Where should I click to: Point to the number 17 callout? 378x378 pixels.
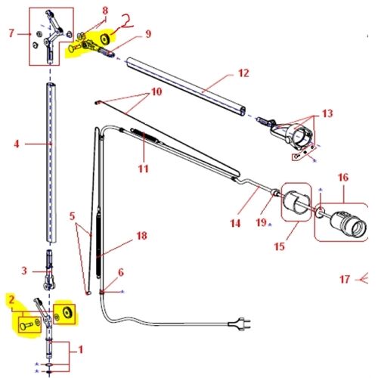coord(345,279)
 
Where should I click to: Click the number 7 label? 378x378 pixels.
coord(11,33)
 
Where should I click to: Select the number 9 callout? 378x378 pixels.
coord(149,33)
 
